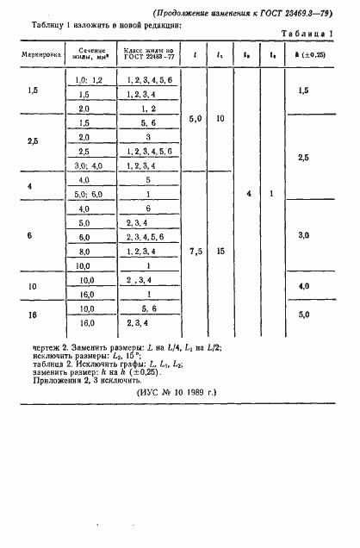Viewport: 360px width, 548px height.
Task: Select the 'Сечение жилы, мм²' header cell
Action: (84, 58)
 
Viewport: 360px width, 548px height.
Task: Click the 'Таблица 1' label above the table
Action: (308, 33)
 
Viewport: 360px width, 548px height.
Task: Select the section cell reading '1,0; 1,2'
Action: (84, 79)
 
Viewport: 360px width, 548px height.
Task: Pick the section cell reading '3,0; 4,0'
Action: (84, 165)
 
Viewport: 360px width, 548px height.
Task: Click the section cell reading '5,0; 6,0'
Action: (84, 194)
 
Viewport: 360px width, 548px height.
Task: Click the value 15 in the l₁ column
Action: (220, 251)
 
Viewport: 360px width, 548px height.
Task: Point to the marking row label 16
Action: (33, 314)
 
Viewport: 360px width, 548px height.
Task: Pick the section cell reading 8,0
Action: (84, 251)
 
